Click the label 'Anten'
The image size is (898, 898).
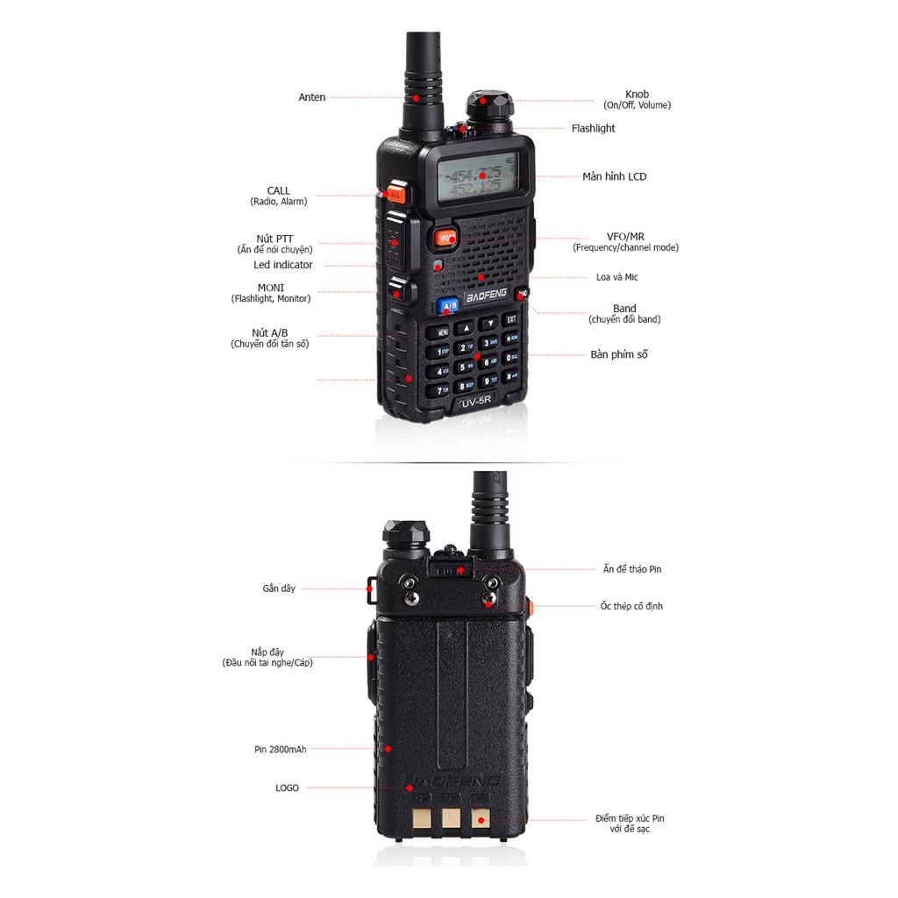click(311, 97)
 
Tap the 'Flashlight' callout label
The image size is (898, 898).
click(593, 128)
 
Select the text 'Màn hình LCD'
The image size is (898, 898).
click(614, 176)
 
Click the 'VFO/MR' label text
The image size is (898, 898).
click(625, 237)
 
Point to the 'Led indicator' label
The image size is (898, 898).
click(282, 265)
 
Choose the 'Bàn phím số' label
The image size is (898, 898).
click(618, 354)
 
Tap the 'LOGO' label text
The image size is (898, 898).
click(287, 788)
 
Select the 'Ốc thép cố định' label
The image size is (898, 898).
click(631, 606)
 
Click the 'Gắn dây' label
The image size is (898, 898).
click(279, 588)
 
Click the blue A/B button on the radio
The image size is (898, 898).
click(448, 306)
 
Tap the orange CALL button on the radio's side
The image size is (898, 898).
click(393, 193)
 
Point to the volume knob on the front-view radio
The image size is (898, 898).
click(486, 106)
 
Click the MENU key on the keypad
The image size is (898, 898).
click(438, 332)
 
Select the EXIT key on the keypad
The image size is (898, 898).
click(510, 320)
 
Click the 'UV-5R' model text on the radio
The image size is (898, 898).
click(478, 405)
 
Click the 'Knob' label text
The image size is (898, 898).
click(637, 94)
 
